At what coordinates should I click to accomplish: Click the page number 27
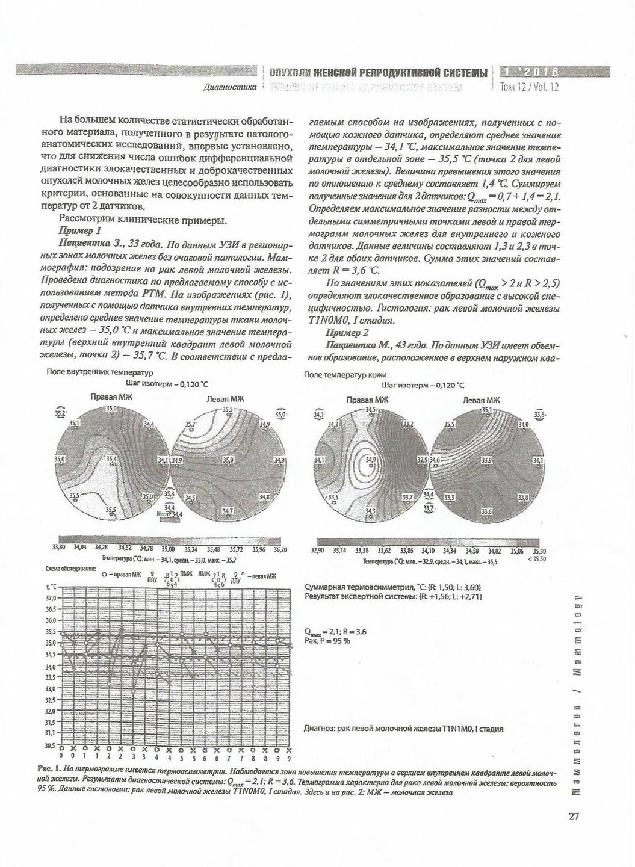point(573,816)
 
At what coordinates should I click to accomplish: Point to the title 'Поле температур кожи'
point(345,374)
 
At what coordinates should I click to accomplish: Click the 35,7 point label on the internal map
point(190,425)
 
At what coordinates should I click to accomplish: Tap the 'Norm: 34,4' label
point(169,515)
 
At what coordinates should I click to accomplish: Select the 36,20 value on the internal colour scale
point(280,549)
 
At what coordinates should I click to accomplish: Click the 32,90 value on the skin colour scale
point(317,551)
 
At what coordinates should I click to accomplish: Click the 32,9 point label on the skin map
point(423,460)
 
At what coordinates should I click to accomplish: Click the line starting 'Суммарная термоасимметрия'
point(392,587)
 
